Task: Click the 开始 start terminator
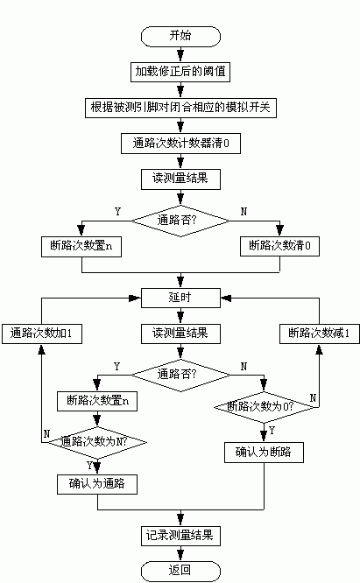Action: pos(180,36)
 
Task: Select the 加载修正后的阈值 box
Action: pos(180,71)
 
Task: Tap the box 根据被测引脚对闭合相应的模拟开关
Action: pos(180,107)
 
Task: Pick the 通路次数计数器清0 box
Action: pos(180,143)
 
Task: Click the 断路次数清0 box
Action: pos(279,246)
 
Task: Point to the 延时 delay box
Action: pos(180,298)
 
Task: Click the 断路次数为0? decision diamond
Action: pos(265,406)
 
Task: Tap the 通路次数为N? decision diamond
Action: pos(94,442)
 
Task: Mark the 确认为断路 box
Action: pos(264,453)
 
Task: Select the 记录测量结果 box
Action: pos(180,533)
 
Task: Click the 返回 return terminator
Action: pos(180,569)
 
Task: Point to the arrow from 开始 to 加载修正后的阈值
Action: pos(180,53)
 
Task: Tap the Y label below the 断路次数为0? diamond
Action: pos(272,430)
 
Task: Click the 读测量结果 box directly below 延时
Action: pos(180,333)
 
